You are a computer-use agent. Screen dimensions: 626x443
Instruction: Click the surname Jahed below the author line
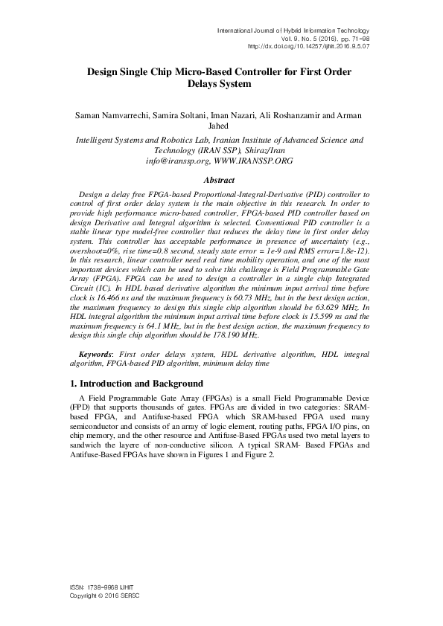click(x=221, y=129)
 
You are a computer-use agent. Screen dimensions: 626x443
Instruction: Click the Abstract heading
click(x=221, y=180)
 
